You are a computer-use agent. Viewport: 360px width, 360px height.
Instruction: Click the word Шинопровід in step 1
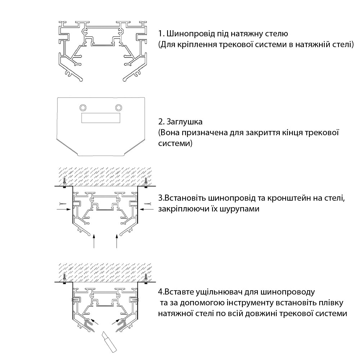click(191, 34)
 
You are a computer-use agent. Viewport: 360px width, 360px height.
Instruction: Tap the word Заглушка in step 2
click(184, 122)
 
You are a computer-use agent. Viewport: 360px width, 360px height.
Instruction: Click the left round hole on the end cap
click(83, 108)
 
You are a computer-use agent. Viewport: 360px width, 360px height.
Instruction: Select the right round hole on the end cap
click(118, 108)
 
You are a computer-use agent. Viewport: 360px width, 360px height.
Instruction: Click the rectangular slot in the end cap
click(101, 118)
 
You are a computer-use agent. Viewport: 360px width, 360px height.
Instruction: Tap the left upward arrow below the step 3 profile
click(94, 241)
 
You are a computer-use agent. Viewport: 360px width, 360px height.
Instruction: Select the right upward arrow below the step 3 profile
click(117, 241)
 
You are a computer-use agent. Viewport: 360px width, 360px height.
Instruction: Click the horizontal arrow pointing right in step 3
click(64, 209)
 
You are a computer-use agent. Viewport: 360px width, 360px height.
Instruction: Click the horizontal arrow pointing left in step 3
click(147, 209)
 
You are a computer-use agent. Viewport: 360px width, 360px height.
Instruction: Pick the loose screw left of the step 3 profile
click(63, 204)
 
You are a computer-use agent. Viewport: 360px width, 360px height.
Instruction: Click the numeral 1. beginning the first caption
click(161, 34)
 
